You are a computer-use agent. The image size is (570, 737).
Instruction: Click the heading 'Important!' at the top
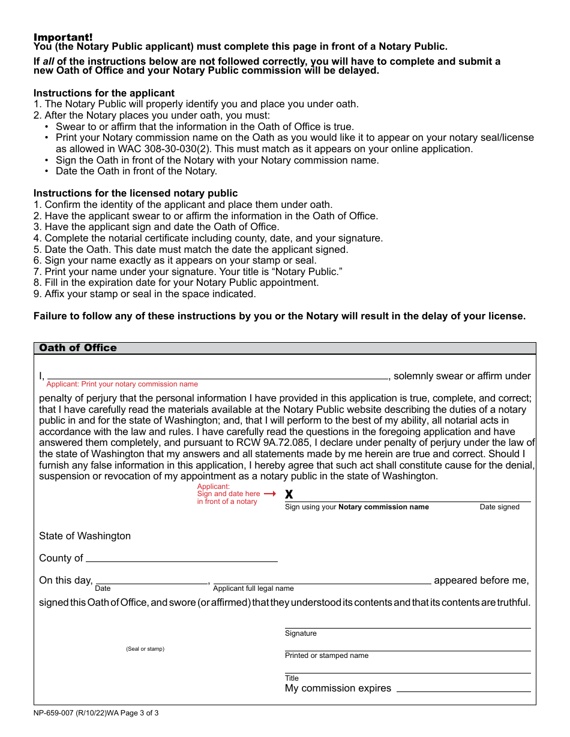point(63,37)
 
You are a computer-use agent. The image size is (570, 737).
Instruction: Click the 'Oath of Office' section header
point(78,348)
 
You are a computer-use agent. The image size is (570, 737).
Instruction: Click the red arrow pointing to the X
point(270,494)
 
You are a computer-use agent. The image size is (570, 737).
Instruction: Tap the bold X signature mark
point(289,495)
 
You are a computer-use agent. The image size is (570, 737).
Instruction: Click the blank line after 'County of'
point(182,558)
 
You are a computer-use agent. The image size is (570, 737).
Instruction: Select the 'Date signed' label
point(499,507)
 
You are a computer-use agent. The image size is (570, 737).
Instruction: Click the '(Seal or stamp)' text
point(145,649)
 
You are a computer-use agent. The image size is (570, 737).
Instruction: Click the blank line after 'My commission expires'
point(463,688)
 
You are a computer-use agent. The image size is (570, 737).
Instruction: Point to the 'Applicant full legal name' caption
point(253,588)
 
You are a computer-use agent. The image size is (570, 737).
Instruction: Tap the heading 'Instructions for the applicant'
point(104,93)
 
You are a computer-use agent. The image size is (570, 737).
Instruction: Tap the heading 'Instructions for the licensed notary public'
point(136,193)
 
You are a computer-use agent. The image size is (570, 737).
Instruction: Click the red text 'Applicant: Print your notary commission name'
point(122,384)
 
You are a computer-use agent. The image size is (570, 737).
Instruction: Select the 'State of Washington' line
point(85,536)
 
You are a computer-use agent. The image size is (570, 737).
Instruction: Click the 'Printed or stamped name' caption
point(326,656)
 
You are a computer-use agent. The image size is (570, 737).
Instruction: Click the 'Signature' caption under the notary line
point(301,633)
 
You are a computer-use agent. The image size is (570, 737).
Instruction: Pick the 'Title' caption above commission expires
point(292,678)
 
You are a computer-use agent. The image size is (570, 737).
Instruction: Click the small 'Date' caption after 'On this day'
point(103,588)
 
